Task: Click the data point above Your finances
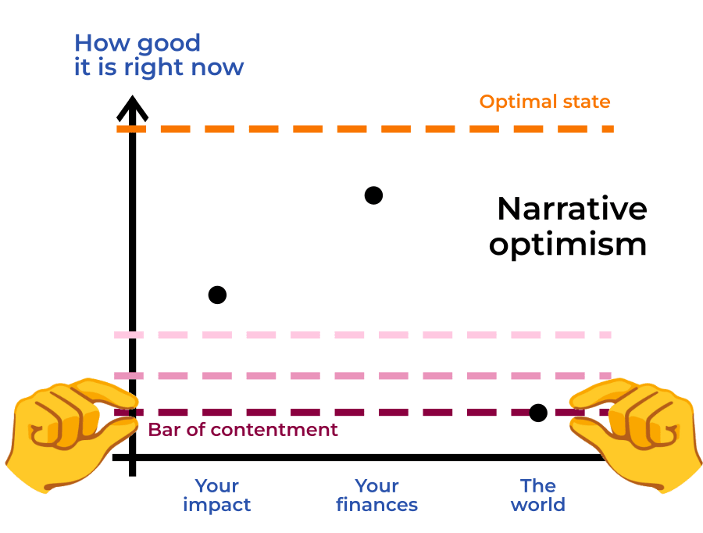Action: point(373,195)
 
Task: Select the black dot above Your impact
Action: point(217,295)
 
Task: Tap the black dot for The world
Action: point(537,413)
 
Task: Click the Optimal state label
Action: point(544,102)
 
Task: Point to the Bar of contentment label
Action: point(243,430)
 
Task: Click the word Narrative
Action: point(572,209)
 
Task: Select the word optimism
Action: point(568,245)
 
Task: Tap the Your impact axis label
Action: point(217,495)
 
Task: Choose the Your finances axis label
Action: point(376,495)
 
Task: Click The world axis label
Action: point(537,495)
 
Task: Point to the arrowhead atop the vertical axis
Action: point(133,107)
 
